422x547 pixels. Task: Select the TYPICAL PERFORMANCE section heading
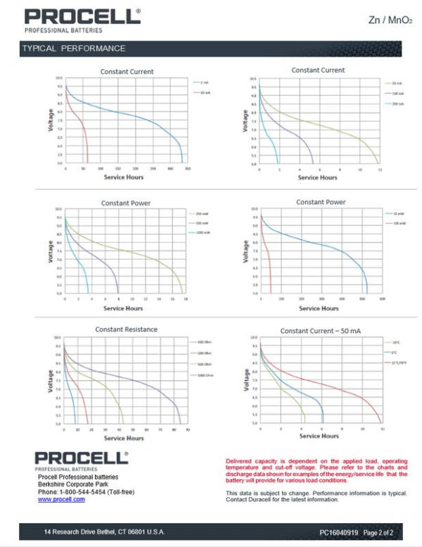coord(74,49)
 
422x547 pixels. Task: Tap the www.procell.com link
coord(61,499)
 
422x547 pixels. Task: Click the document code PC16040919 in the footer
coord(338,532)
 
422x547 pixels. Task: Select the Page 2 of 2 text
coord(378,532)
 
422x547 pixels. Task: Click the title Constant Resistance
coord(127,329)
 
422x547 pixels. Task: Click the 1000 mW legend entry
coord(203,232)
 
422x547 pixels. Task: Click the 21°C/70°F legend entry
coord(400,363)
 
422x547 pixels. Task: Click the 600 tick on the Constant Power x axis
coord(383,298)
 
